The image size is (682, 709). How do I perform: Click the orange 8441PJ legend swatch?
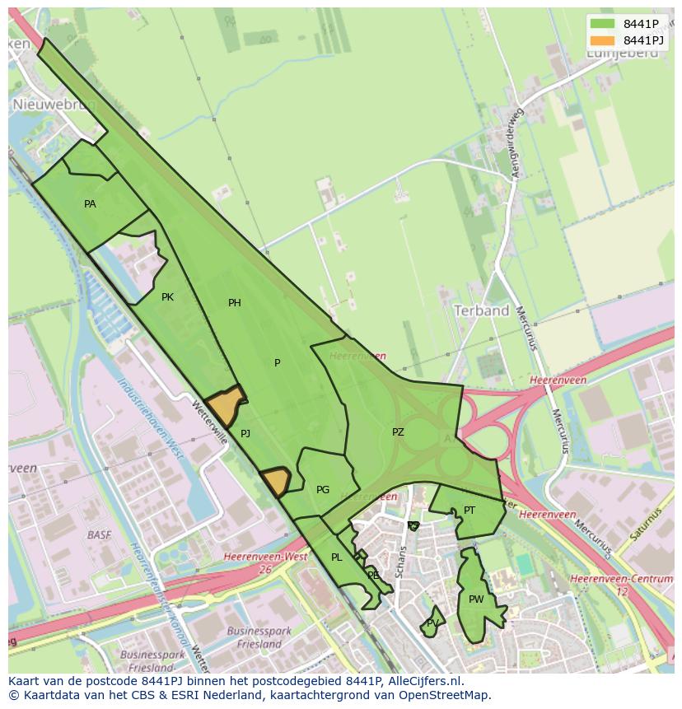click(603, 40)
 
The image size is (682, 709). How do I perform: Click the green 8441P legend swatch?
click(603, 24)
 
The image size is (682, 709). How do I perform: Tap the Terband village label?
click(482, 310)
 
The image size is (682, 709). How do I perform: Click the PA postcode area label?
click(90, 203)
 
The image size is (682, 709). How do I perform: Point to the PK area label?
click(167, 297)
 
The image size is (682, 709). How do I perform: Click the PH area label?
click(235, 303)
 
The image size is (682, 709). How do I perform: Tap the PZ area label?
click(398, 431)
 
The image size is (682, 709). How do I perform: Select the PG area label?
click(323, 489)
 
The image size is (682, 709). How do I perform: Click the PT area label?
click(469, 511)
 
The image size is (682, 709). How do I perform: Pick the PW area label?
click(476, 599)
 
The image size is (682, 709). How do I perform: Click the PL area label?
click(336, 557)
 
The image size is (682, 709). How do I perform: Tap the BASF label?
click(99, 534)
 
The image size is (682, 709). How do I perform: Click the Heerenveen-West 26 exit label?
click(265, 562)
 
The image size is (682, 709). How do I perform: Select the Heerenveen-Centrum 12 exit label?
click(621, 585)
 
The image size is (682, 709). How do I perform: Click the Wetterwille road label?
click(209, 423)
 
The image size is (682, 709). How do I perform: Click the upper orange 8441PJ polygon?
click(226, 405)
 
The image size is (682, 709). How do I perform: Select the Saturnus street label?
click(647, 525)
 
